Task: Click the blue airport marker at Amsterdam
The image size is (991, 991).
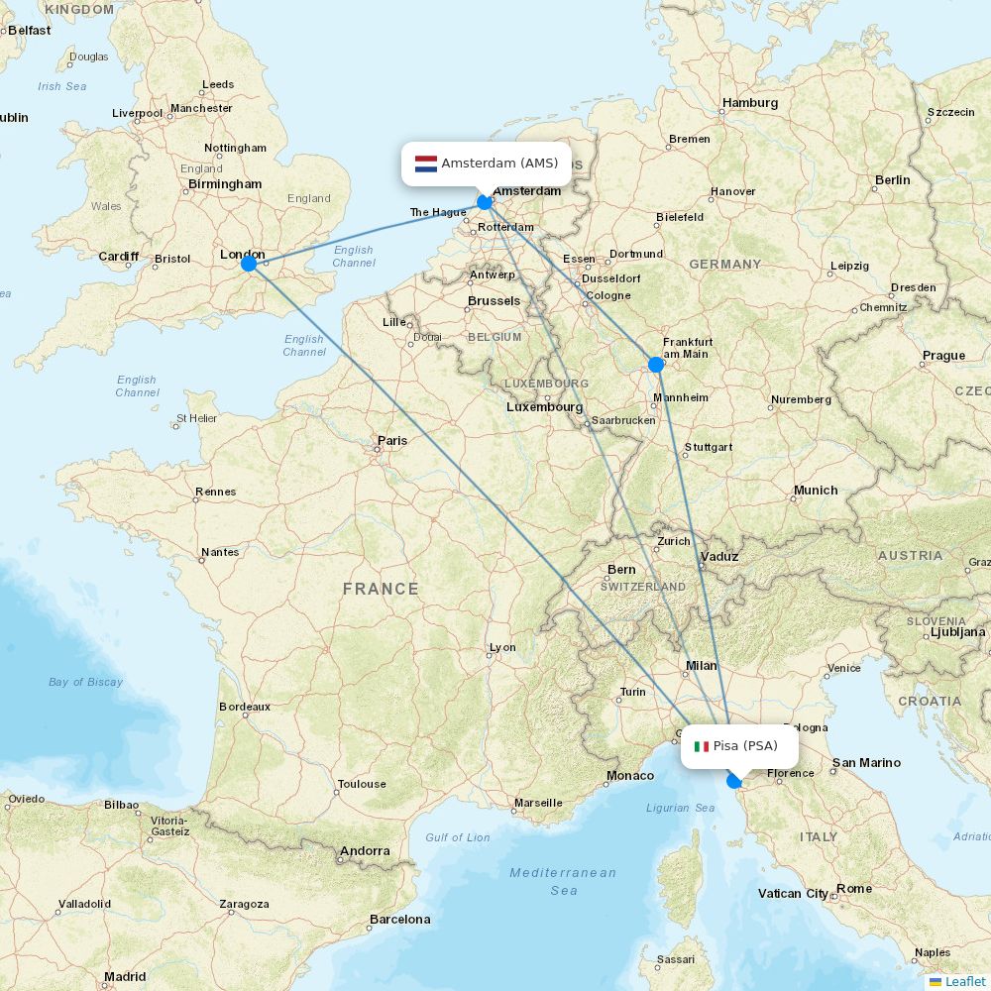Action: pyautogui.click(x=485, y=202)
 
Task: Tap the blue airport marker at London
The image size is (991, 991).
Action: pyautogui.click(x=249, y=264)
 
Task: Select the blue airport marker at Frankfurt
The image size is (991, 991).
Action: pyautogui.click(x=656, y=365)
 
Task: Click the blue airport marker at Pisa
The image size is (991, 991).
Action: pyautogui.click(x=734, y=781)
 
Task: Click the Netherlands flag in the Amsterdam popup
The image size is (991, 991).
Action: pyautogui.click(x=426, y=164)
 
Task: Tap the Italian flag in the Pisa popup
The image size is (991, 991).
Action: pyautogui.click(x=702, y=746)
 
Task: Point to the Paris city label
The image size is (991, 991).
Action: pyautogui.click(x=392, y=441)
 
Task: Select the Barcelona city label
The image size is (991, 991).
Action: pyautogui.click(x=399, y=920)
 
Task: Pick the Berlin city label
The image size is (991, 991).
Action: pyautogui.click(x=892, y=180)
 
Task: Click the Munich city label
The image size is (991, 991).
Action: pyautogui.click(x=816, y=491)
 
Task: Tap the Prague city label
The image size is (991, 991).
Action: pyautogui.click(x=943, y=356)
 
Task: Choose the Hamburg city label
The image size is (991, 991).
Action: pyautogui.click(x=750, y=103)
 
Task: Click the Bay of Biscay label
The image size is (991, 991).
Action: pyautogui.click(x=86, y=682)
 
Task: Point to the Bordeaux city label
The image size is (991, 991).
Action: pyautogui.click(x=245, y=707)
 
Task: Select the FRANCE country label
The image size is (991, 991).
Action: pyautogui.click(x=381, y=589)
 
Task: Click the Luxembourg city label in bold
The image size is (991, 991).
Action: pyautogui.click(x=544, y=407)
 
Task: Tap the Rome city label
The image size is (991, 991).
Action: pyautogui.click(x=853, y=889)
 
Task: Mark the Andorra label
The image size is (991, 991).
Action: pyautogui.click(x=365, y=851)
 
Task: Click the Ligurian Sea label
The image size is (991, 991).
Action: pyautogui.click(x=681, y=808)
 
